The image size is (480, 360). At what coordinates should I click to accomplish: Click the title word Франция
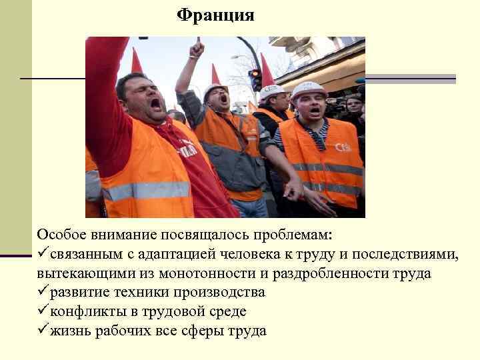coord(215,15)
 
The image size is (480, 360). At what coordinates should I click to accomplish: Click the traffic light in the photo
coord(255,79)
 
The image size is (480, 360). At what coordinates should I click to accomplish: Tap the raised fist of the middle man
coord(196,49)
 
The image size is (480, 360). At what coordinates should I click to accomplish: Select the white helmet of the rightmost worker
coord(308,89)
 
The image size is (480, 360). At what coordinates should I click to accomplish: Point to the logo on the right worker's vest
coord(343,147)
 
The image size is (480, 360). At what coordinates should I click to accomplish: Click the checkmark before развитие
coord(43,292)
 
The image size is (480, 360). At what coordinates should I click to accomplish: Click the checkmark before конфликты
coord(43,311)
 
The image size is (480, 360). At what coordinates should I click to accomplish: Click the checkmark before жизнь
coord(43,329)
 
